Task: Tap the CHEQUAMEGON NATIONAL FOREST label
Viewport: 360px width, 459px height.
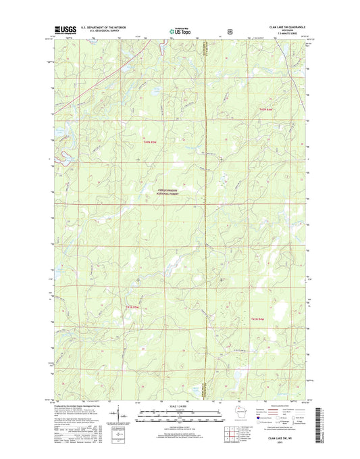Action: pyautogui.click(x=180, y=191)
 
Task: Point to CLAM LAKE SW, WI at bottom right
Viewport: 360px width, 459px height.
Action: pyautogui.click(x=278, y=439)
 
